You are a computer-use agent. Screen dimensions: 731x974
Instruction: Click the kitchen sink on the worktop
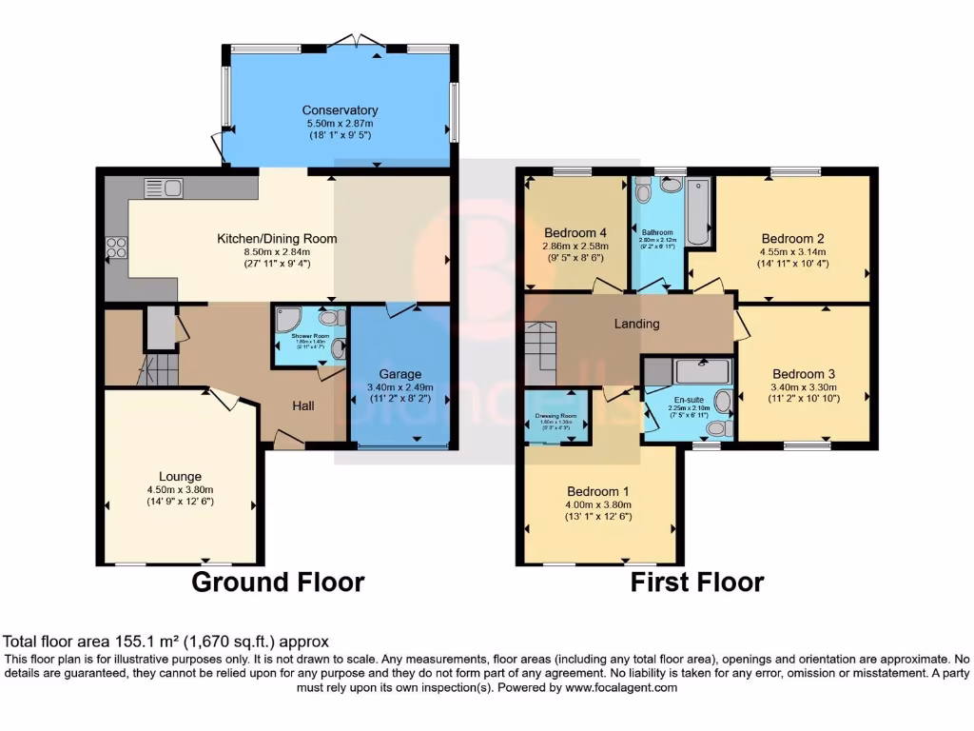coord(164,188)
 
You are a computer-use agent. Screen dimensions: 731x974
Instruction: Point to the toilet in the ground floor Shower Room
coord(332,318)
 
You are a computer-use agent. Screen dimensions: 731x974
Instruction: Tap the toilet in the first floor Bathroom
coord(643,193)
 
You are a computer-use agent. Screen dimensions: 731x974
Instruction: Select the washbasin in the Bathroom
coord(673,185)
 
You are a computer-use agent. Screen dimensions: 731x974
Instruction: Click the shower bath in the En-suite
coord(701,370)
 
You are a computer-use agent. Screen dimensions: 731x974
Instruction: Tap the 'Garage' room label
coord(399,374)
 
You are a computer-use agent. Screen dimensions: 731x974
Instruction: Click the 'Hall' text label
coord(303,405)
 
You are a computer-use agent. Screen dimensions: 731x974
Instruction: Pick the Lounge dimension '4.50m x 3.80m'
coord(180,490)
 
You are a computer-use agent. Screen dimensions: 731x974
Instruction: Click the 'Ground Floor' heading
coord(278,582)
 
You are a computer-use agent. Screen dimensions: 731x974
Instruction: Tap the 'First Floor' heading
coord(696,582)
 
